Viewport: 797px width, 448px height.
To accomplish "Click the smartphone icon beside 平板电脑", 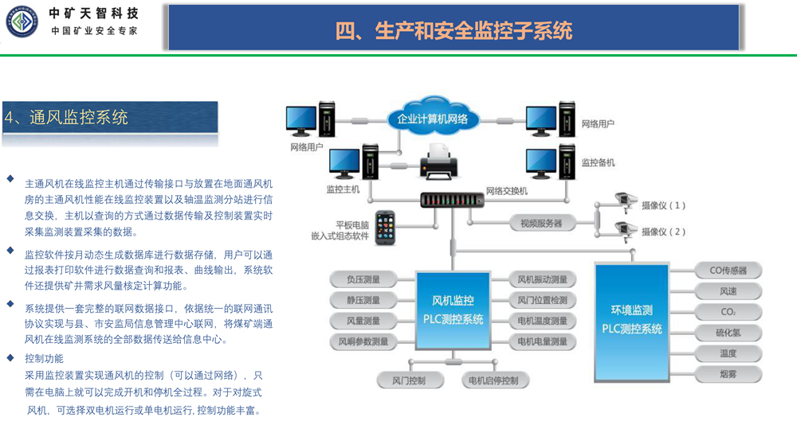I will [x=386, y=226].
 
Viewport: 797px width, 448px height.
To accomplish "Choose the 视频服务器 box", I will [x=541, y=224].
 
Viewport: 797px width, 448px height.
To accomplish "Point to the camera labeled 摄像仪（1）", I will [x=625, y=203].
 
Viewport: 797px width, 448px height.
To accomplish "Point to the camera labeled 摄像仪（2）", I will [x=625, y=230].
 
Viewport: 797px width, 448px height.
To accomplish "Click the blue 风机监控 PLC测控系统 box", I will [x=452, y=310].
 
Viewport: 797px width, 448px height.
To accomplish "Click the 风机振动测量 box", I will [x=542, y=280].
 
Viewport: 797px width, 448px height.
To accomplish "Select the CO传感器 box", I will [x=728, y=271].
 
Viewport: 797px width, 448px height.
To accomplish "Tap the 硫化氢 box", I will [x=728, y=333].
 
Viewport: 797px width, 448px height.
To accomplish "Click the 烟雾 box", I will [x=728, y=373].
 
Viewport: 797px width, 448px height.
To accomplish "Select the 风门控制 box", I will [x=409, y=380].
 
